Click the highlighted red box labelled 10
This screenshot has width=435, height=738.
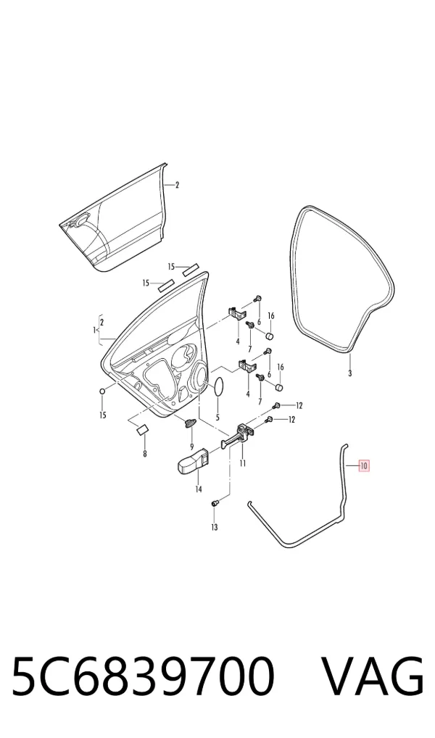[x=365, y=466]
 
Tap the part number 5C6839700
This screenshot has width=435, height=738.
[x=143, y=676]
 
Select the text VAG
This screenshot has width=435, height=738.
[x=373, y=676]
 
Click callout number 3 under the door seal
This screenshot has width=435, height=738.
[x=349, y=373]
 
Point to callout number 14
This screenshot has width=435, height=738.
[x=198, y=489]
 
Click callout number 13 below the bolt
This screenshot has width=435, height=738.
[x=214, y=528]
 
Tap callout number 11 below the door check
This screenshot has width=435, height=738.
[x=242, y=463]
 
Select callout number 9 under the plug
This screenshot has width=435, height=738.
[x=191, y=446]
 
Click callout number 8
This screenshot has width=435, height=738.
[x=144, y=454]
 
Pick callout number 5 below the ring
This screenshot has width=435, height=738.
[x=217, y=417]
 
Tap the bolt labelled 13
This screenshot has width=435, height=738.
[x=215, y=504]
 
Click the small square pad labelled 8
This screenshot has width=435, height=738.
[x=141, y=428]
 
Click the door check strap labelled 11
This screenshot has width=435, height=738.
[x=238, y=436]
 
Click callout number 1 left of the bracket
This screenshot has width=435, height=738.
[x=94, y=331]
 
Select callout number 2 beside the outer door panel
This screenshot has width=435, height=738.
[x=177, y=185]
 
